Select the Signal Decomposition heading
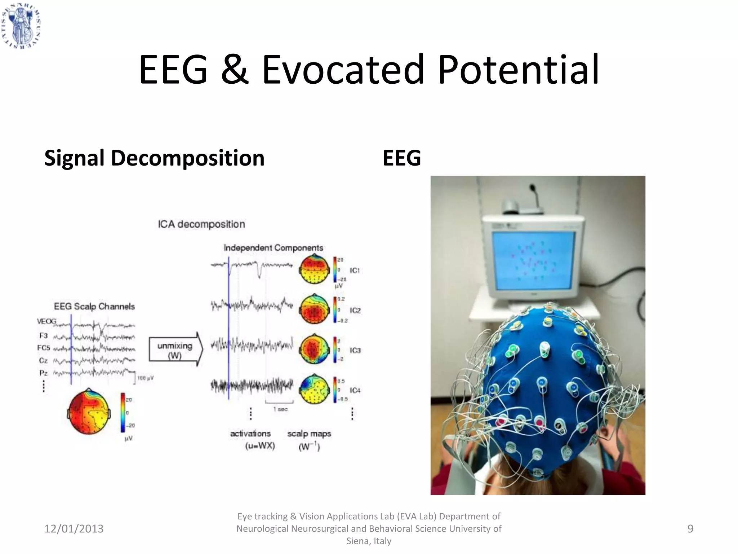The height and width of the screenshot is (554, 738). coord(154,158)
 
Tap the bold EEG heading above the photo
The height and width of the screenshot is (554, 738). coord(401,158)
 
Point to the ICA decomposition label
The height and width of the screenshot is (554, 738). coord(201,224)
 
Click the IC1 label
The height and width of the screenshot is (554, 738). coord(355,270)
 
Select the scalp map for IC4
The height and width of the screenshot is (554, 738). coord(314,390)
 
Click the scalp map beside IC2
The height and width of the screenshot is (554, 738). coord(314,309)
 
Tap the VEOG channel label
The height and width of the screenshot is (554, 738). coord(46,321)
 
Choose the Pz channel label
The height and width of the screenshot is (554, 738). coord(43,373)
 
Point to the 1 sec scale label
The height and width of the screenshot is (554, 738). coord(280,409)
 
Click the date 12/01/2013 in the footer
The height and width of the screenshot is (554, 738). coord(74,529)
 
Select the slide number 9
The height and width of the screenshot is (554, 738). coord(690,529)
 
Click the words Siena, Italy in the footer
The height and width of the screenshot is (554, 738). coord(369,541)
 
